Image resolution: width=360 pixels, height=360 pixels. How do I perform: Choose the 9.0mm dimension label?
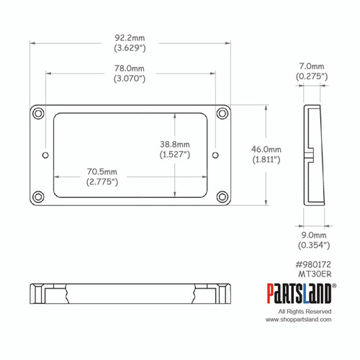click(312, 235)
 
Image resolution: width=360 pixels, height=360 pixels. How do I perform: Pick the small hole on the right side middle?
click(215, 154)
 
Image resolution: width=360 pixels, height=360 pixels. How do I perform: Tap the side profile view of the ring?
click(311, 155)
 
